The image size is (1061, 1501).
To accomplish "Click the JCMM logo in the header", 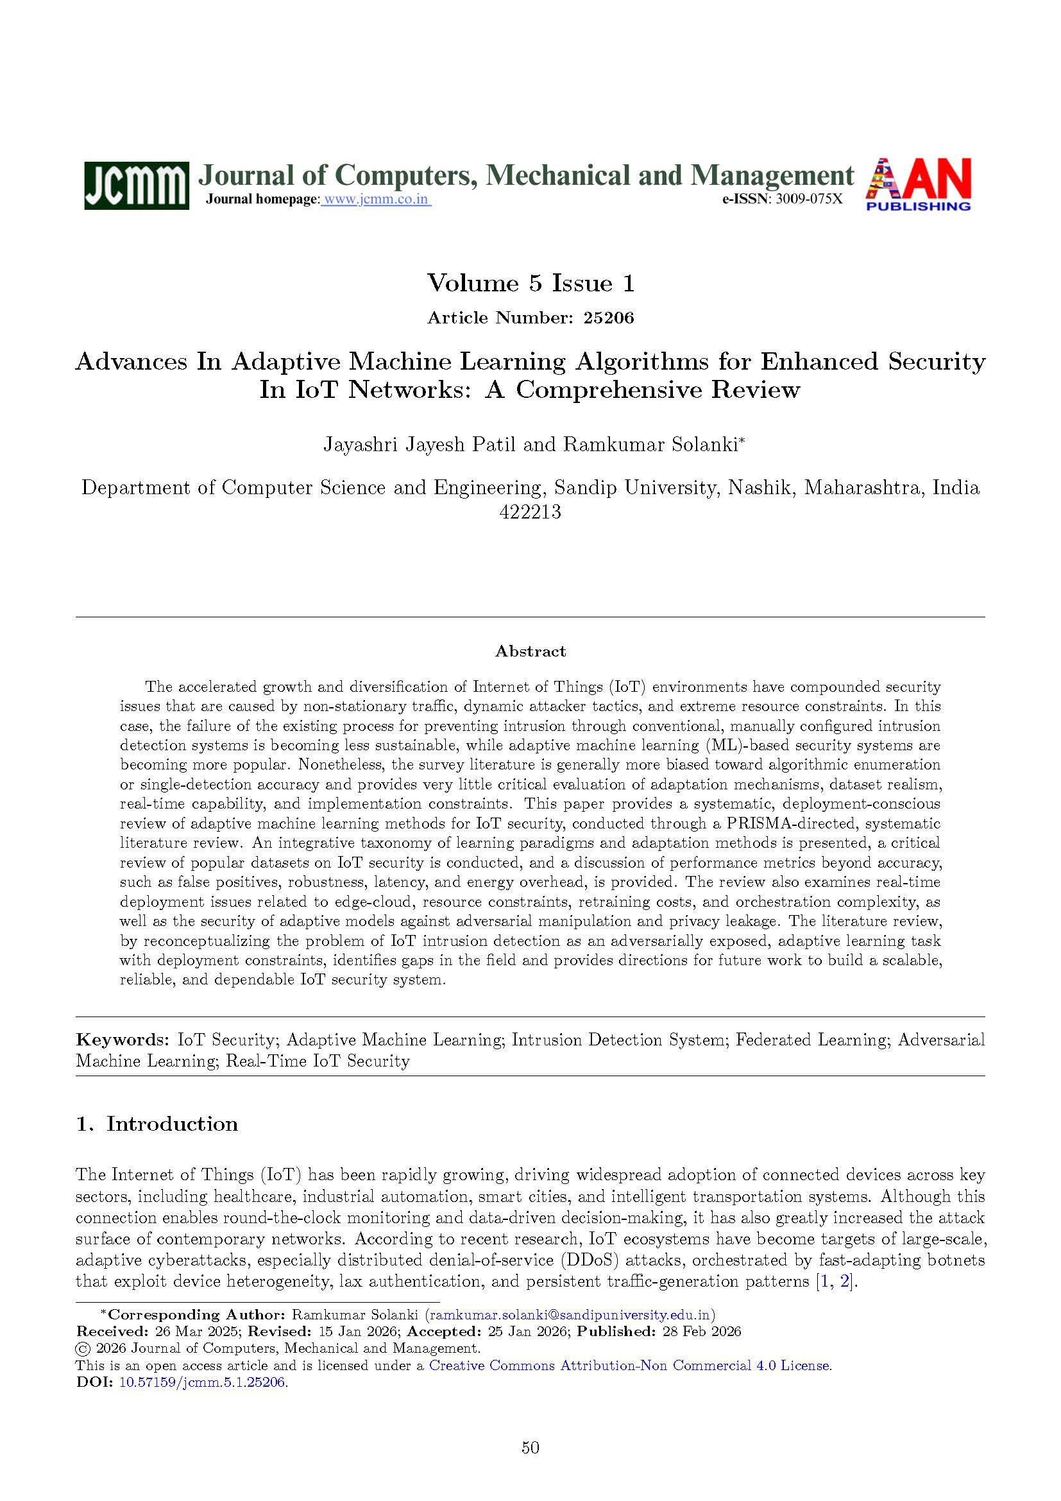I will point(137,185).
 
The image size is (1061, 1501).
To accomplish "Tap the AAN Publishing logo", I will point(918,184).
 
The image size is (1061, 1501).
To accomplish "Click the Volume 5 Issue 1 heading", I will point(530,283).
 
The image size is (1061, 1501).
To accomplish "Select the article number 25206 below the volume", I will point(609,318).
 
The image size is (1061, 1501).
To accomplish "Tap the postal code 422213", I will point(530,512).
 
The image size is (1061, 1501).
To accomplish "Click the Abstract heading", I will point(530,651).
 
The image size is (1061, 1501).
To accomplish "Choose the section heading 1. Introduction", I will point(157,1124).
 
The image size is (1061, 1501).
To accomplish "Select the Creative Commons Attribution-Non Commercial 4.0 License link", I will point(630,1366).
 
